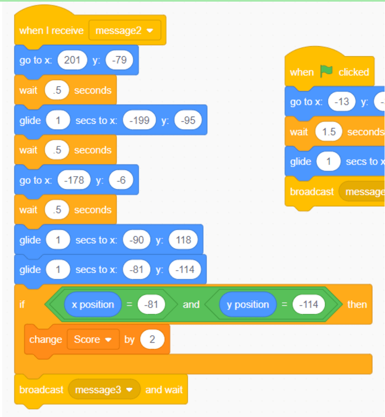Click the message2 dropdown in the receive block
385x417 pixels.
(x=125, y=31)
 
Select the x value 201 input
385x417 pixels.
(x=73, y=60)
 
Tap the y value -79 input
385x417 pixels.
(x=119, y=60)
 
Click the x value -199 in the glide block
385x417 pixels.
(x=139, y=120)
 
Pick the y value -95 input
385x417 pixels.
(x=188, y=120)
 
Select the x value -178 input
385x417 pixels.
(x=74, y=180)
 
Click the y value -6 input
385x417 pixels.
(x=121, y=180)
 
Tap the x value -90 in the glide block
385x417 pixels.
(x=137, y=240)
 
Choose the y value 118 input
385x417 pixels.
(x=184, y=240)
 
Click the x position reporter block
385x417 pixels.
(x=93, y=305)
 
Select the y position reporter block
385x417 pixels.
(x=247, y=305)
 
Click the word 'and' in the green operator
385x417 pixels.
(x=191, y=305)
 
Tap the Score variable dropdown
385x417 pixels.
(x=93, y=339)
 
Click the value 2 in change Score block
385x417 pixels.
(x=152, y=339)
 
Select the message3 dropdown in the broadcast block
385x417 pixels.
(x=104, y=390)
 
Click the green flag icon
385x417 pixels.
(x=326, y=72)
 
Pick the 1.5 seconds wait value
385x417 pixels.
(x=328, y=132)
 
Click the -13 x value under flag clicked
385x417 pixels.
(x=342, y=102)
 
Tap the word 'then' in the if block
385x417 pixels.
(x=357, y=305)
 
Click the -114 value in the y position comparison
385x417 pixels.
(x=309, y=305)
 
